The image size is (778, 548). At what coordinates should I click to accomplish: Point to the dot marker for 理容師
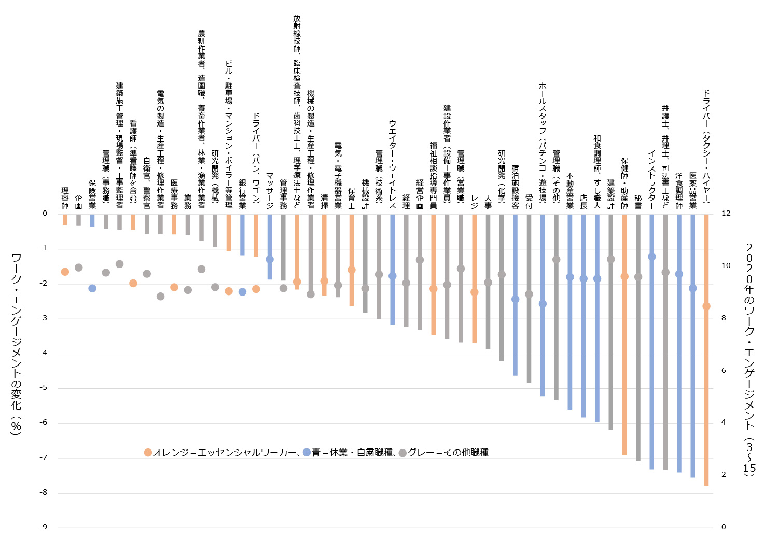click(65, 272)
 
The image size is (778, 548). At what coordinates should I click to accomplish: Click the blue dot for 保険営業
click(92, 288)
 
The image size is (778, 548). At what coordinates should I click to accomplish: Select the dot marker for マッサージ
click(270, 259)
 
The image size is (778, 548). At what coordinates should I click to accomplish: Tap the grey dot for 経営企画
click(420, 260)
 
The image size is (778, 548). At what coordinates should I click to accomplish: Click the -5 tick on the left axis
click(44, 388)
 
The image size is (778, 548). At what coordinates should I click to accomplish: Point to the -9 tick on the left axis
click(44, 527)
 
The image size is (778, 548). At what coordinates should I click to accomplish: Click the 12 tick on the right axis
click(726, 213)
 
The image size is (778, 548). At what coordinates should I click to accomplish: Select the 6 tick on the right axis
click(724, 370)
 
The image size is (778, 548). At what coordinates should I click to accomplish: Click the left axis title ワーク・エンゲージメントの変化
click(16, 344)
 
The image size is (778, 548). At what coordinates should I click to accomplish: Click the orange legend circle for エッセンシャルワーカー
click(148, 453)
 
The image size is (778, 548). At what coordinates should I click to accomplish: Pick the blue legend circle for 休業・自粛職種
click(307, 453)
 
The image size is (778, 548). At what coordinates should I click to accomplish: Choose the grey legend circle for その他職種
click(402, 453)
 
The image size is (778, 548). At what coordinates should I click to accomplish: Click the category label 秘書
click(638, 202)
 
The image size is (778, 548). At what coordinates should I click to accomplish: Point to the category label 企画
click(79, 202)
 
